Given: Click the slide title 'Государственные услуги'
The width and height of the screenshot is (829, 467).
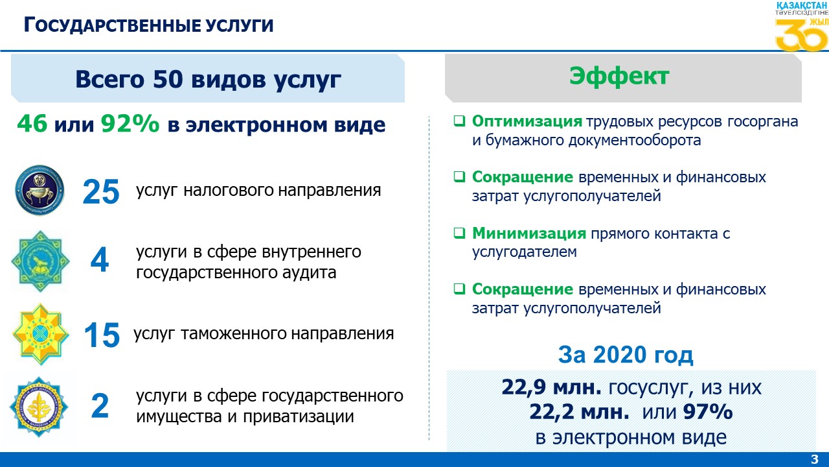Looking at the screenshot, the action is click(148, 25).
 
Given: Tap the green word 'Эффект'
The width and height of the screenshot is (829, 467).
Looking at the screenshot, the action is click(619, 77).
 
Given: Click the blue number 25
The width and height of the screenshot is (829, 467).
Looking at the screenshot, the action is click(101, 191).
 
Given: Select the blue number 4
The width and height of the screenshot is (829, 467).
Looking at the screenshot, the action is click(100, 260).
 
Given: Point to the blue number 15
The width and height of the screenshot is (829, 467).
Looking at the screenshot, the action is click(102, 335).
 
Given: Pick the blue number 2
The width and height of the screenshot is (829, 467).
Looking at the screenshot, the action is click(100, 406).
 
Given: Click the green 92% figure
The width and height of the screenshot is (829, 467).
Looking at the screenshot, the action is click(130, 123).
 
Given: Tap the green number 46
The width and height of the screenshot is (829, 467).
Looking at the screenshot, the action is click(32, 123).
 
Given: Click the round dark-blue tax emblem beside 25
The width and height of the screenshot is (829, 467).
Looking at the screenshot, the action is click(40, 191).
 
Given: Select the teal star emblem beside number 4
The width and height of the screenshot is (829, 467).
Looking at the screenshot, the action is click(40, 261).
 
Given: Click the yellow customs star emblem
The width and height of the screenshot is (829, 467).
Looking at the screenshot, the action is click(40, 334).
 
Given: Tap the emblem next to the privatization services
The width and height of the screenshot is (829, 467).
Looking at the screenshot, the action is click(39, 407).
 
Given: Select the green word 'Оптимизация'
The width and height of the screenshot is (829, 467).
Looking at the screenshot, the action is click(527, 121).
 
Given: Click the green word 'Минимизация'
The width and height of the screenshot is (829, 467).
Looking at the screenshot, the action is click(529, 233).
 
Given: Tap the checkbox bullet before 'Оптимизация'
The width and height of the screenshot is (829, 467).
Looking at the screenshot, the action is click(459, 121).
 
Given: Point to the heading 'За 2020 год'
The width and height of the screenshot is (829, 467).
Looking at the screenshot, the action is click(626, 355).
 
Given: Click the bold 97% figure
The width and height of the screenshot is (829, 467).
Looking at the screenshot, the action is click(708, 411).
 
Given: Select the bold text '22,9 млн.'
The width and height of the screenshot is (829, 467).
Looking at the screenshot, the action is click(552, 387).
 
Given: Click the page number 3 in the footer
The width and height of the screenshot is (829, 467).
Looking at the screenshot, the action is click(815, 459).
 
